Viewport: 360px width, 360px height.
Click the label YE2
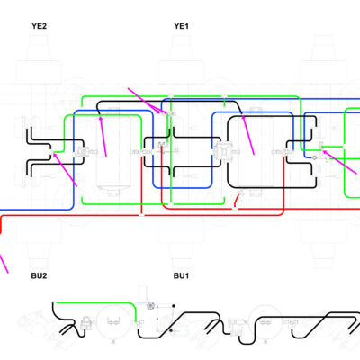pos(39,26)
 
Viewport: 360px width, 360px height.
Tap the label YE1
pos(181,26)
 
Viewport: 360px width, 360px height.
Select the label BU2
pos(39,275)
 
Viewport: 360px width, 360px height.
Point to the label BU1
pos(181,275)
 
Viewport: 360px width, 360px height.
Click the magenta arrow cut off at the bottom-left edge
pos(4,264)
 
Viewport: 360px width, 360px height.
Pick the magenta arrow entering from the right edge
pos(340,162)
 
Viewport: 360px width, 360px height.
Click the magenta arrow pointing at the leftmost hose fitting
pos(65,169)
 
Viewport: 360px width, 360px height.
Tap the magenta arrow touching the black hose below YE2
pos(103,136)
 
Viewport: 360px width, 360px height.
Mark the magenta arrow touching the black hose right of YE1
pos(248,135)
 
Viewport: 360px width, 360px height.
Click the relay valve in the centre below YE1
pos(222,151)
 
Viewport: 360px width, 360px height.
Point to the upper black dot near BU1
pos(174,306)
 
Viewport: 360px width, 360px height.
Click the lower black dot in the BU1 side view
pos(171,330)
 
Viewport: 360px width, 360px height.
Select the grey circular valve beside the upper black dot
pos(150,306)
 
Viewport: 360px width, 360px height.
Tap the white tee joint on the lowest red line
pos(141,215)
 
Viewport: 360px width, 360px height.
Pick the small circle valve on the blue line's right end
pos(314,157)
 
